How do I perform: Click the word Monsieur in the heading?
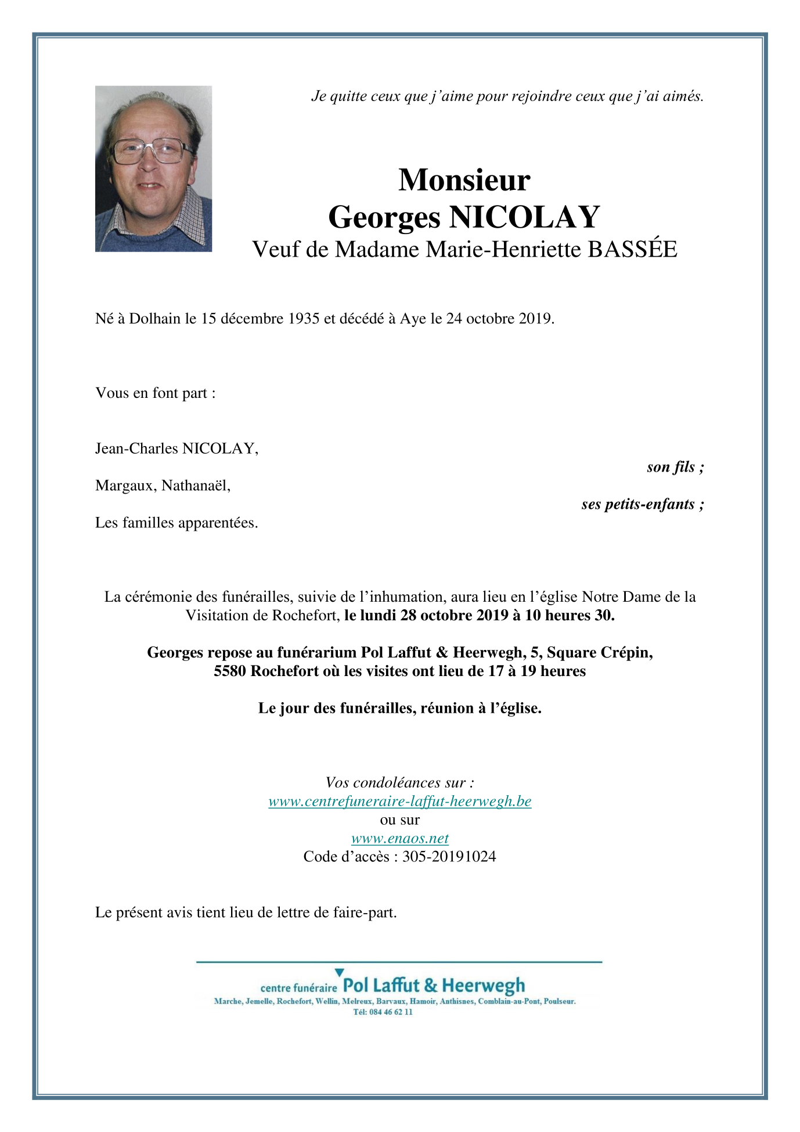pos(464,180)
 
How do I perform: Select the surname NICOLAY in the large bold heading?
pos(524,217)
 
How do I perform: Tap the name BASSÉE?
pos(632,250)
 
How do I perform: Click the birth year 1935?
pos(304,318)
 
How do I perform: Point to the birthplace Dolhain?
pos(155,318)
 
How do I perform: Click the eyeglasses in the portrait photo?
pos(152,151)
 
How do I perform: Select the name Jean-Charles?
pos(136,448)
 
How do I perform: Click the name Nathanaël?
pos(196,486)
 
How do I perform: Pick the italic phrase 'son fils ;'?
pos(675,467)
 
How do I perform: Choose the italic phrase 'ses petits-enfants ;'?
pos(643,504)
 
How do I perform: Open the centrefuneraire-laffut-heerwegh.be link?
pos(399,802)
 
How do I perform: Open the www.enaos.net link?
pos(399,839)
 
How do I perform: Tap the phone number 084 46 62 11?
pos(391,1012)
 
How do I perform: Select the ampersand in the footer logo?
pos(430,985)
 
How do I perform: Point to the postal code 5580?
pos(230,671)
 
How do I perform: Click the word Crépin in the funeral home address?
pos(626,653)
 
